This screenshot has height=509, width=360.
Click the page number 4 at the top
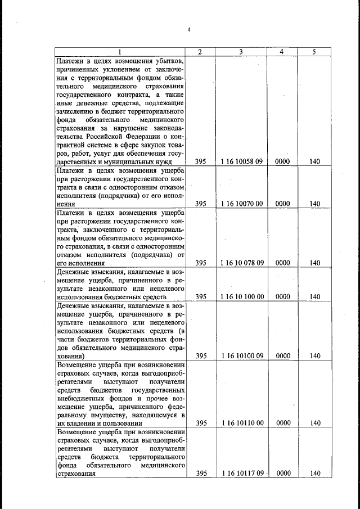(189, 30)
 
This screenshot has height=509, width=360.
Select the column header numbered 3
(240, 52)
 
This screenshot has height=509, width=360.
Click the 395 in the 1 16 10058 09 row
(200, 161)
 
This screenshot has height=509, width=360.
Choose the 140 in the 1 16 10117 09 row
(314, 473)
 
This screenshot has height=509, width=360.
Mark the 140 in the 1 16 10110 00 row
(314, 423)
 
